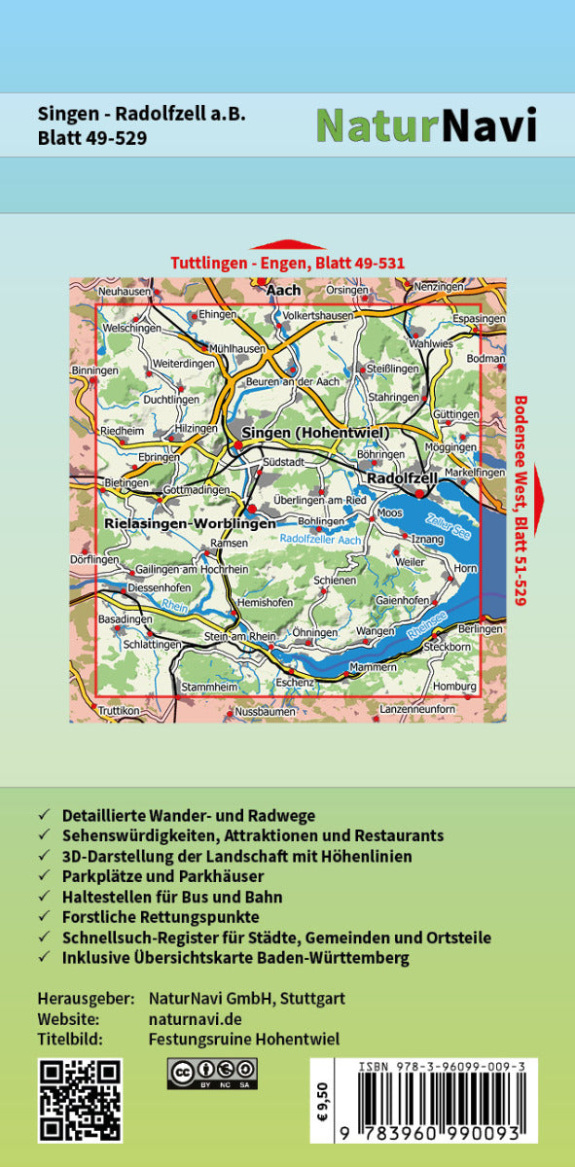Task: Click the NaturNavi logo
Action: pos(427,125)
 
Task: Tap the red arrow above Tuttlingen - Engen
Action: pos(287,245)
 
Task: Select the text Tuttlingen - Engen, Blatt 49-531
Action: pos(287,263)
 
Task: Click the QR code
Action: pos(80,1101)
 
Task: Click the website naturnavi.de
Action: pos(196,1019)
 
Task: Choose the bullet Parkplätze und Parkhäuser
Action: pos(162,876)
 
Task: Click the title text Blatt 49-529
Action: pos(92,137)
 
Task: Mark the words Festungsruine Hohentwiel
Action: pos(244,1039)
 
